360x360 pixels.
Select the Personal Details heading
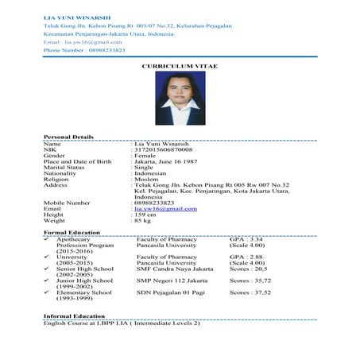68,137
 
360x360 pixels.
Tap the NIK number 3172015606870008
164,149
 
